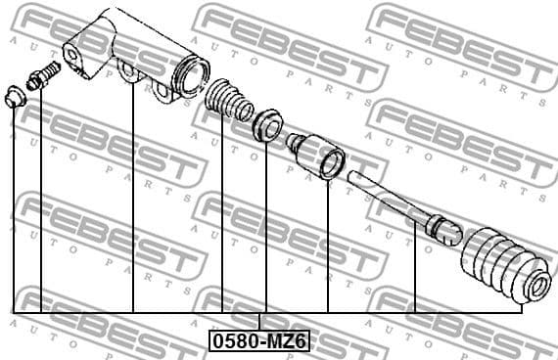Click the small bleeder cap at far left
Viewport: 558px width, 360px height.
coord(15,96)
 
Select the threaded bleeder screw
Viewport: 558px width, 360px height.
coord(43,76)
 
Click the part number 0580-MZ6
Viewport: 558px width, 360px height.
coord(259,341)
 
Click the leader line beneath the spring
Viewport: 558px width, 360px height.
coord(223,215)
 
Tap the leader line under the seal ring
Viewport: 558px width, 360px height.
coord(266,225)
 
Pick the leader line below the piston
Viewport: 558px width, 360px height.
coord(328,245)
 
